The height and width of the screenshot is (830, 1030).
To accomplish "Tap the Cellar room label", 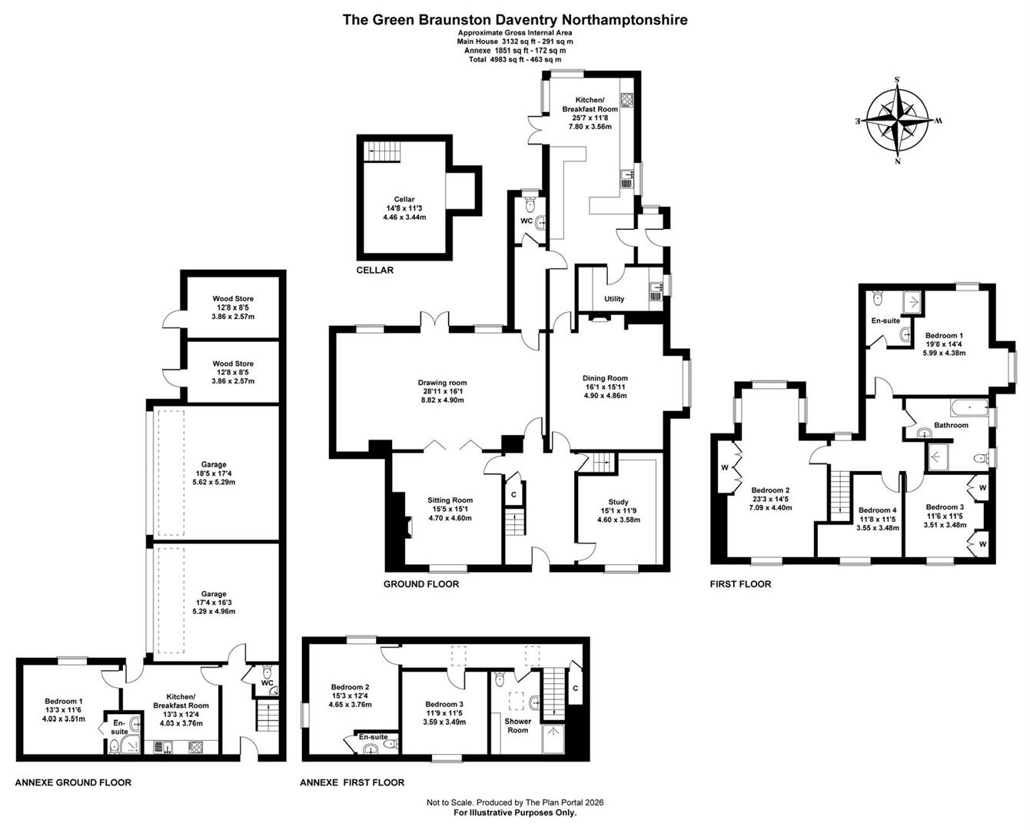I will [404, 200].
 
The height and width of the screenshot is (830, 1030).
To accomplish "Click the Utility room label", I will [614, 299].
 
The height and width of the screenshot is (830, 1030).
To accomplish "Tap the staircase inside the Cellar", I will [382, 150].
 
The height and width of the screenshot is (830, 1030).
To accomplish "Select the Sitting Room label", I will [450, 500].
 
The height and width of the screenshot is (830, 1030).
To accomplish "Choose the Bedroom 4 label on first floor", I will [877, 510].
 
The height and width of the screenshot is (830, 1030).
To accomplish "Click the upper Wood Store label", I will [233, 299].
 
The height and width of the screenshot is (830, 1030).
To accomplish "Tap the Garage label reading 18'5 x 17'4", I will [214, 464].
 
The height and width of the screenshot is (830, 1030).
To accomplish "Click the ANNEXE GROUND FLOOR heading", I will [73, 782].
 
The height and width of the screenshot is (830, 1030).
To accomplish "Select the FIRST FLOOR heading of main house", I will [740, 584].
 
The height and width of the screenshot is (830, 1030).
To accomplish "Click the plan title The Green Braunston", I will [515, 20].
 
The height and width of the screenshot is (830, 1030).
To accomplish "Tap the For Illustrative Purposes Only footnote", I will [515, 812].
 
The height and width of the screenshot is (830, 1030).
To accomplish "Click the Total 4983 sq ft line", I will [515, 59].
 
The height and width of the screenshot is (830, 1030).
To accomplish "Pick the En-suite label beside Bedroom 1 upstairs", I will [885, 320].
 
